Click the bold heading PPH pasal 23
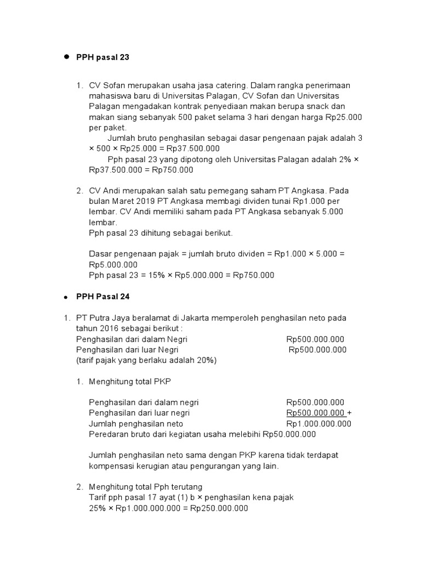click(103, 57)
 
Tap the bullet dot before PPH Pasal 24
click(66, 297)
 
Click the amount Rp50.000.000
click(289, 434)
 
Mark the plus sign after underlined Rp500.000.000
click(350, 413)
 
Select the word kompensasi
click(112, 466)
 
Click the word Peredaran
click(107, 434)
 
